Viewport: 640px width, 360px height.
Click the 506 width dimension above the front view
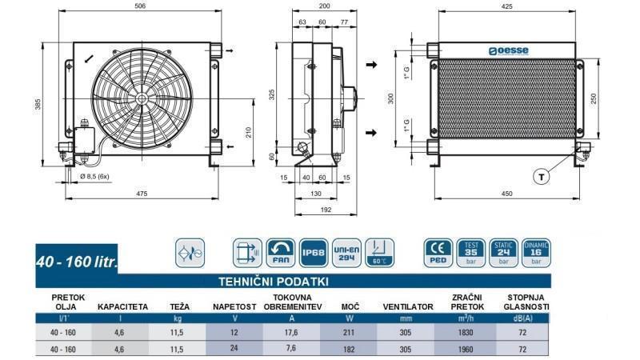[x=140, y=6]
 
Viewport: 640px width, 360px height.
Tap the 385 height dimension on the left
[x=38, y=104]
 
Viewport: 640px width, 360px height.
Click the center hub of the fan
[x=141, y=98]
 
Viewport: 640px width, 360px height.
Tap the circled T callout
[x=542, y=176]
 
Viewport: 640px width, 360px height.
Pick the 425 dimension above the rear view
[x=506, y=6]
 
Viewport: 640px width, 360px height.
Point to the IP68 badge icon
[x=312, y=253]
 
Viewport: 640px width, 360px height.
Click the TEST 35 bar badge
[x=471, y=253]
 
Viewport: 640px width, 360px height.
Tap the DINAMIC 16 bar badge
[x=535, y=253]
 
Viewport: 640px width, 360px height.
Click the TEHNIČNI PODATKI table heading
[x=274, y=282]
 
